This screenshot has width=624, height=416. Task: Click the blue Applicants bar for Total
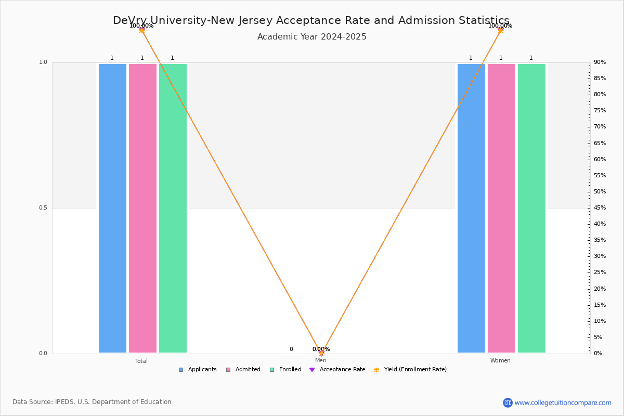[x=112, y=208]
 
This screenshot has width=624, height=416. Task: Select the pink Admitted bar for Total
[x=142, y=208]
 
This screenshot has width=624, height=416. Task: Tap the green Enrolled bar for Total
[x=173, y=208]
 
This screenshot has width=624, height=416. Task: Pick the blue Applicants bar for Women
[x=471, y=208]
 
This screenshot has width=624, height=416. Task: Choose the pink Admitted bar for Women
[x=501, y=208]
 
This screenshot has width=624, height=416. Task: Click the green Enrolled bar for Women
[x=531, y=208]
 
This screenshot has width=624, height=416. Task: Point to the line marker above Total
[x=142, y=30]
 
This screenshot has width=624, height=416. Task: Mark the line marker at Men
[x=321, y=353]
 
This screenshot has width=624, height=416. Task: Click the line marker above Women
[x=501, y=30]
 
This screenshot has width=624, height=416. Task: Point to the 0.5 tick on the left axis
[x=43, y=208]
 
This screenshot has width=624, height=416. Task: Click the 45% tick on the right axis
[x=600, y=208]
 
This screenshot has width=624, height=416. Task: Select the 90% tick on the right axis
[x=600, y=62]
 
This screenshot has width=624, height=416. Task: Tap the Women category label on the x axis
[x=500, y=361]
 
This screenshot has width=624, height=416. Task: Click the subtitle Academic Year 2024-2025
[x=312, y=37]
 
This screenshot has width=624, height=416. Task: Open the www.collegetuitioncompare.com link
[x=563, y=402]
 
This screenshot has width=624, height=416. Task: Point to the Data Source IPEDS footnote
[x=92, y=402]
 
